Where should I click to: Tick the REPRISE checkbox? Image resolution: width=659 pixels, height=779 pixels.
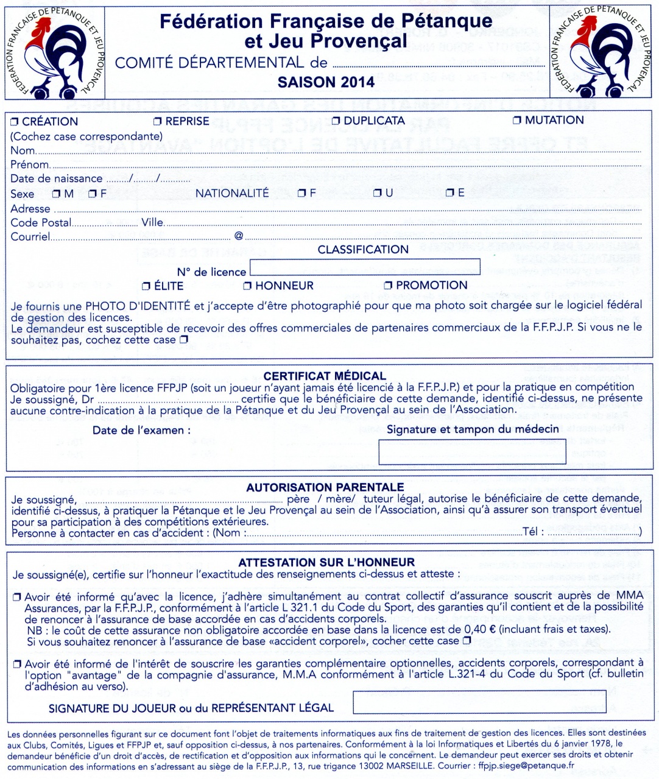[158, 122]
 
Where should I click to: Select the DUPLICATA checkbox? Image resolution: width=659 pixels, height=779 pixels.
[336, 121]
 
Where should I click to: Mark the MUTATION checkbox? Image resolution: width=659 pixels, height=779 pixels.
[517, 121]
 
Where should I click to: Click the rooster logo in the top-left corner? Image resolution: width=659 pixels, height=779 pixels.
[54, 52]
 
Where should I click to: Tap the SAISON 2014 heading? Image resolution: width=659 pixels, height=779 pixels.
[326, 82]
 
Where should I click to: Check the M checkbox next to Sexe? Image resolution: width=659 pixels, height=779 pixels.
[56, 194]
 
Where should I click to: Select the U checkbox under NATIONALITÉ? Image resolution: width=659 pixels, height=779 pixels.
[378, 193]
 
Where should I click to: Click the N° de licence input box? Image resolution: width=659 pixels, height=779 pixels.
[364, 267]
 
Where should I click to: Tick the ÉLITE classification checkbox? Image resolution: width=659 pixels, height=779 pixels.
[146, 286]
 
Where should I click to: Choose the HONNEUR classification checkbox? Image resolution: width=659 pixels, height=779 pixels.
[247, 286]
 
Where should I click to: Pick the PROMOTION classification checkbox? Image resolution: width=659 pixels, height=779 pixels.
[388, 285]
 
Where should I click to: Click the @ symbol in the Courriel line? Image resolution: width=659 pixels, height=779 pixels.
[239, 236]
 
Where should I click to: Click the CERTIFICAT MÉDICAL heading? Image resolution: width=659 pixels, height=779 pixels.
[325, 376]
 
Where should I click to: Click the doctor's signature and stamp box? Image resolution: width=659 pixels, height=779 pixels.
[472, 451]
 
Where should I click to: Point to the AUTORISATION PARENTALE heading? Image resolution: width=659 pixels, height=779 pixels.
[325, 487]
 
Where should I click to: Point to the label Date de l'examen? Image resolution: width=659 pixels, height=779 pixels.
[141, 431]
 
